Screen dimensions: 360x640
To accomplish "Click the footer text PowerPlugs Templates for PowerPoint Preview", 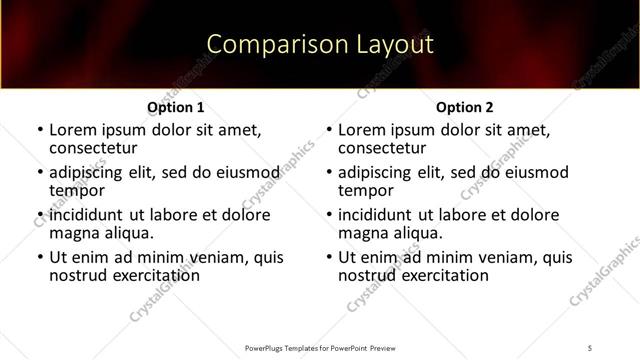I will coord(320,348).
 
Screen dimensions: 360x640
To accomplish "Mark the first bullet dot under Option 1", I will coord(39,130).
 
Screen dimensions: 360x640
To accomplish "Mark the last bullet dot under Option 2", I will coord(329,257).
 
